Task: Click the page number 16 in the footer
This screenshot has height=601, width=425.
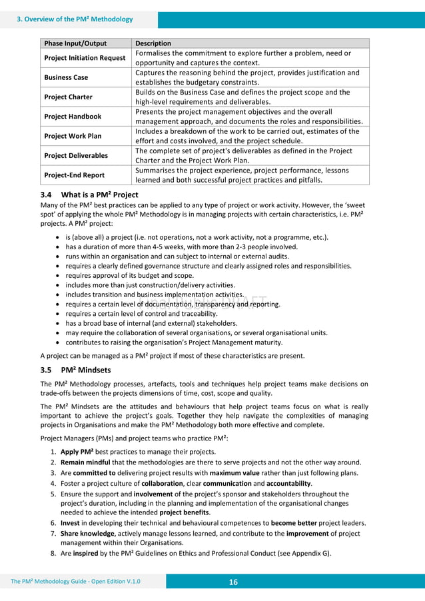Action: (x=233, y=582)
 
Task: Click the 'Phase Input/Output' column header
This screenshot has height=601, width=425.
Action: (x=75, y=43)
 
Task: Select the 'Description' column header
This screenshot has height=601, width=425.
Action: (x=153, y=43)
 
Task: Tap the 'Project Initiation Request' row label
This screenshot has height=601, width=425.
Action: (x=85, y=57)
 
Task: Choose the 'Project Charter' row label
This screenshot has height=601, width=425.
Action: (x=69, y=97)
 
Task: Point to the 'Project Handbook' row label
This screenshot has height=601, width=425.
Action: (x=73, y=116)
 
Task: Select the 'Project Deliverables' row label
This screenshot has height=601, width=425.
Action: (x=76, y=155)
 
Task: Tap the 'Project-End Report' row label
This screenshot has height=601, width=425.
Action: (x=75, y=175)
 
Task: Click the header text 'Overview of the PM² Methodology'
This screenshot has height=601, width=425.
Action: (x=77, y=19)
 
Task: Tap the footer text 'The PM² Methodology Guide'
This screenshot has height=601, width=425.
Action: (x=53, y=582)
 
